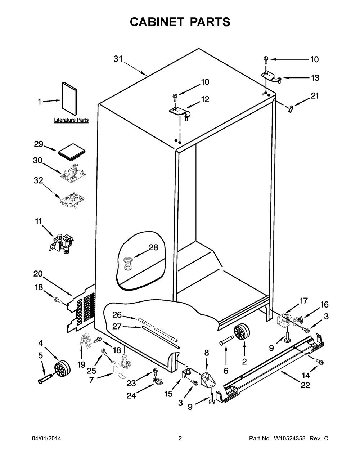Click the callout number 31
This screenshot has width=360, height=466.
pyautogui.click(x=118, y=59)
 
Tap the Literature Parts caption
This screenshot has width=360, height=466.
pyautogui.click(x=71, y=120)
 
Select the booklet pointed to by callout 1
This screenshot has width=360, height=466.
pyautogui.click(x=69, y=98)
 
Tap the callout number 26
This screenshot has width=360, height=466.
pyautogui.click(x=117, y=315)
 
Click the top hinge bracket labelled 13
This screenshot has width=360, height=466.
pyautogui.click(x=271, y=77)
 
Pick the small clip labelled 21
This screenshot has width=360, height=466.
pyautogui.click(x=290, y=109)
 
